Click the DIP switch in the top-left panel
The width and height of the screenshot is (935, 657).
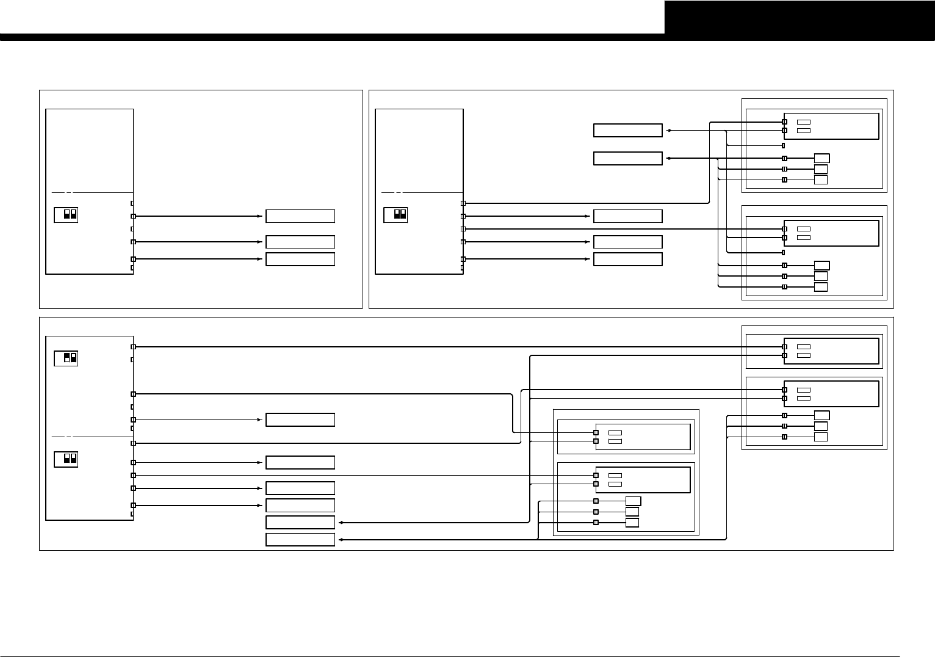66,215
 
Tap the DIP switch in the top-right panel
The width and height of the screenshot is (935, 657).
395,215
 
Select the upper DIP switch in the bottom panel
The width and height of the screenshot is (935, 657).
66,358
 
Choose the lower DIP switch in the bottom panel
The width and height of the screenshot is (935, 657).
66,459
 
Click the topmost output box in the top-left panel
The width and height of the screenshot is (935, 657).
300,216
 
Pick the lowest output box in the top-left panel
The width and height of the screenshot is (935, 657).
300,259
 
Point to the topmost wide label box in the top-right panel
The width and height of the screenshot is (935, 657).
627,130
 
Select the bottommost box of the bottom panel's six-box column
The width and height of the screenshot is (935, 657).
300,540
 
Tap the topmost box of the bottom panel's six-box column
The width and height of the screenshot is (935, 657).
300,420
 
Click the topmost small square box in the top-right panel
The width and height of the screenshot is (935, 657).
821,159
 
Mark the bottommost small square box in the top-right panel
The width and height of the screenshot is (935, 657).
821,287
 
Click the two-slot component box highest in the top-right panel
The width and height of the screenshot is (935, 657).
831,126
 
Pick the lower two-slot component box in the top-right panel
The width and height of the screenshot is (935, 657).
831,233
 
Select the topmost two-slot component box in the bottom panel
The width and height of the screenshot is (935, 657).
831,350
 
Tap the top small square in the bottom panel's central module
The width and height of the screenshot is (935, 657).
633,501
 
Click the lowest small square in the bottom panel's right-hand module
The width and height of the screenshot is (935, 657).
821,437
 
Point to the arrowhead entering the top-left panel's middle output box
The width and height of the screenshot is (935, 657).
259,242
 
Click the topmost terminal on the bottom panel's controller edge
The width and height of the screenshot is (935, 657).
133,347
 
